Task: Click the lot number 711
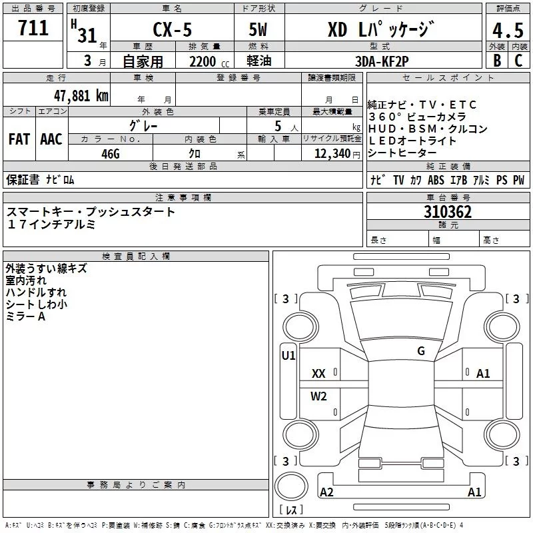[33, 28]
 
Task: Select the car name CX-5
[173, 29]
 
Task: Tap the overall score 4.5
[508, 30]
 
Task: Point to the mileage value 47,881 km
[81, 96]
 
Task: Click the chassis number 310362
[448, 212]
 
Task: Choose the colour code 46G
[111, 154]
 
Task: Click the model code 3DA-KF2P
[382, 61]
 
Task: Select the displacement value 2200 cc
[209, 61]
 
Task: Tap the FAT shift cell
[19, 139]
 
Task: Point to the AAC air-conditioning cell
[51, 139]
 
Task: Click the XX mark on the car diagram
[318, 374]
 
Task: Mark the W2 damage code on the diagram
[318, 396]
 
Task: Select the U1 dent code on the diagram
[288, 356]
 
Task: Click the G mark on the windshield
[421, 351]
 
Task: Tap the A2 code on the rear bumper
[326, 492]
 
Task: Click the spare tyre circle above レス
[291, 486]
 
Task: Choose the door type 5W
[258, 29]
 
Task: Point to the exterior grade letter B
[497, 61]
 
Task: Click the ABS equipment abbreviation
[436, 180]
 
